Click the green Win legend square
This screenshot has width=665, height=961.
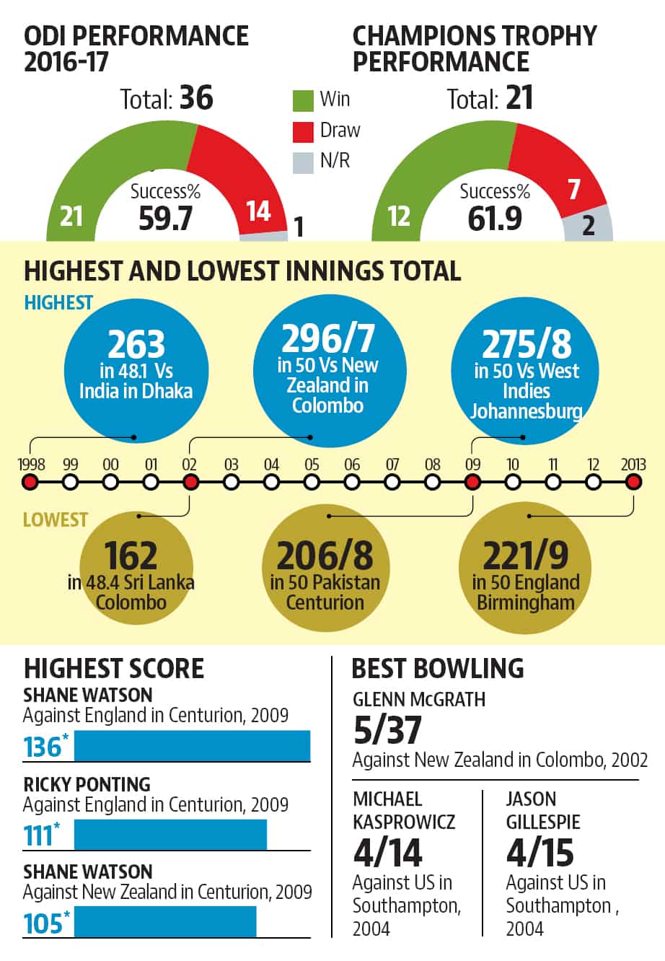[303, 101]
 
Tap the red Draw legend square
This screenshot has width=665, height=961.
[303, 132]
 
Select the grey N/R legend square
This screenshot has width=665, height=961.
[303, 163]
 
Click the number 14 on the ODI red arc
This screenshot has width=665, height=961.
[258, 211]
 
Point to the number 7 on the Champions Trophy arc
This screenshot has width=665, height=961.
[574, 189]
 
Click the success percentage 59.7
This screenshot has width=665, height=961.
[165, 219]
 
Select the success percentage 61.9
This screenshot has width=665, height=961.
[495, 219]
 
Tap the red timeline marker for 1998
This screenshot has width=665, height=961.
[30, 482]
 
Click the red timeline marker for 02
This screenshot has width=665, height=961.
[190, 482]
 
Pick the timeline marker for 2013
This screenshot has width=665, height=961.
[633, 482]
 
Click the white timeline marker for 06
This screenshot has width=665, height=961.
[352, 482]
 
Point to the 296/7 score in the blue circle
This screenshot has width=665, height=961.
[328, 338]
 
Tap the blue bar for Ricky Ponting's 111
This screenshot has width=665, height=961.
[171, 835]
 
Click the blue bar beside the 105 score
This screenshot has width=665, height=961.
[165, 921]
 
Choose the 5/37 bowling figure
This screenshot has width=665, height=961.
[387, 730]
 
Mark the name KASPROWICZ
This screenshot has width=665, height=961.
[404, 822]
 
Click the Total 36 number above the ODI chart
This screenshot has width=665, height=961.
[196, 97]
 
